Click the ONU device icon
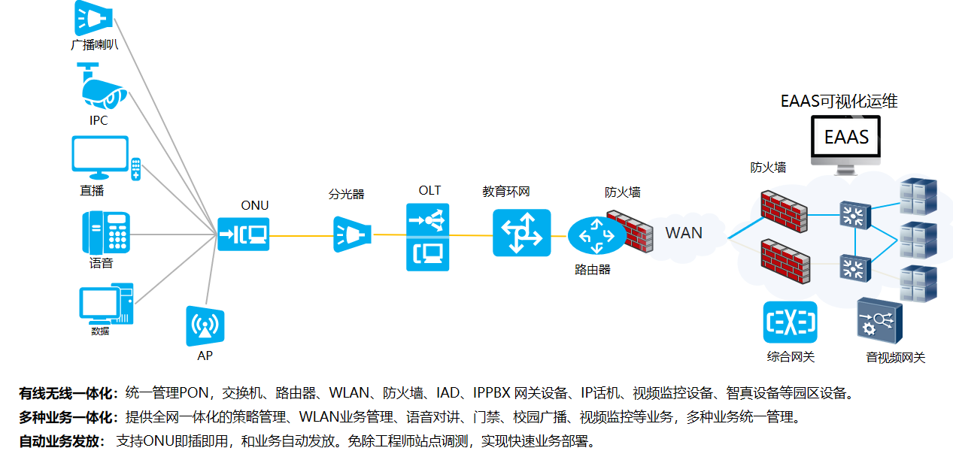pos(243,235)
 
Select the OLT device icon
pos(427,237)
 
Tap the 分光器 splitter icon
pos(352,234)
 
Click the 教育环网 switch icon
pos(521,233)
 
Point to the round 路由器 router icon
pos(596,235)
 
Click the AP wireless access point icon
pos(205,326)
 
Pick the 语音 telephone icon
pos(106,232)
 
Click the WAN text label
pos(684,233)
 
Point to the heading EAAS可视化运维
pos(839,101)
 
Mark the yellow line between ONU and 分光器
pos(301,235)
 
